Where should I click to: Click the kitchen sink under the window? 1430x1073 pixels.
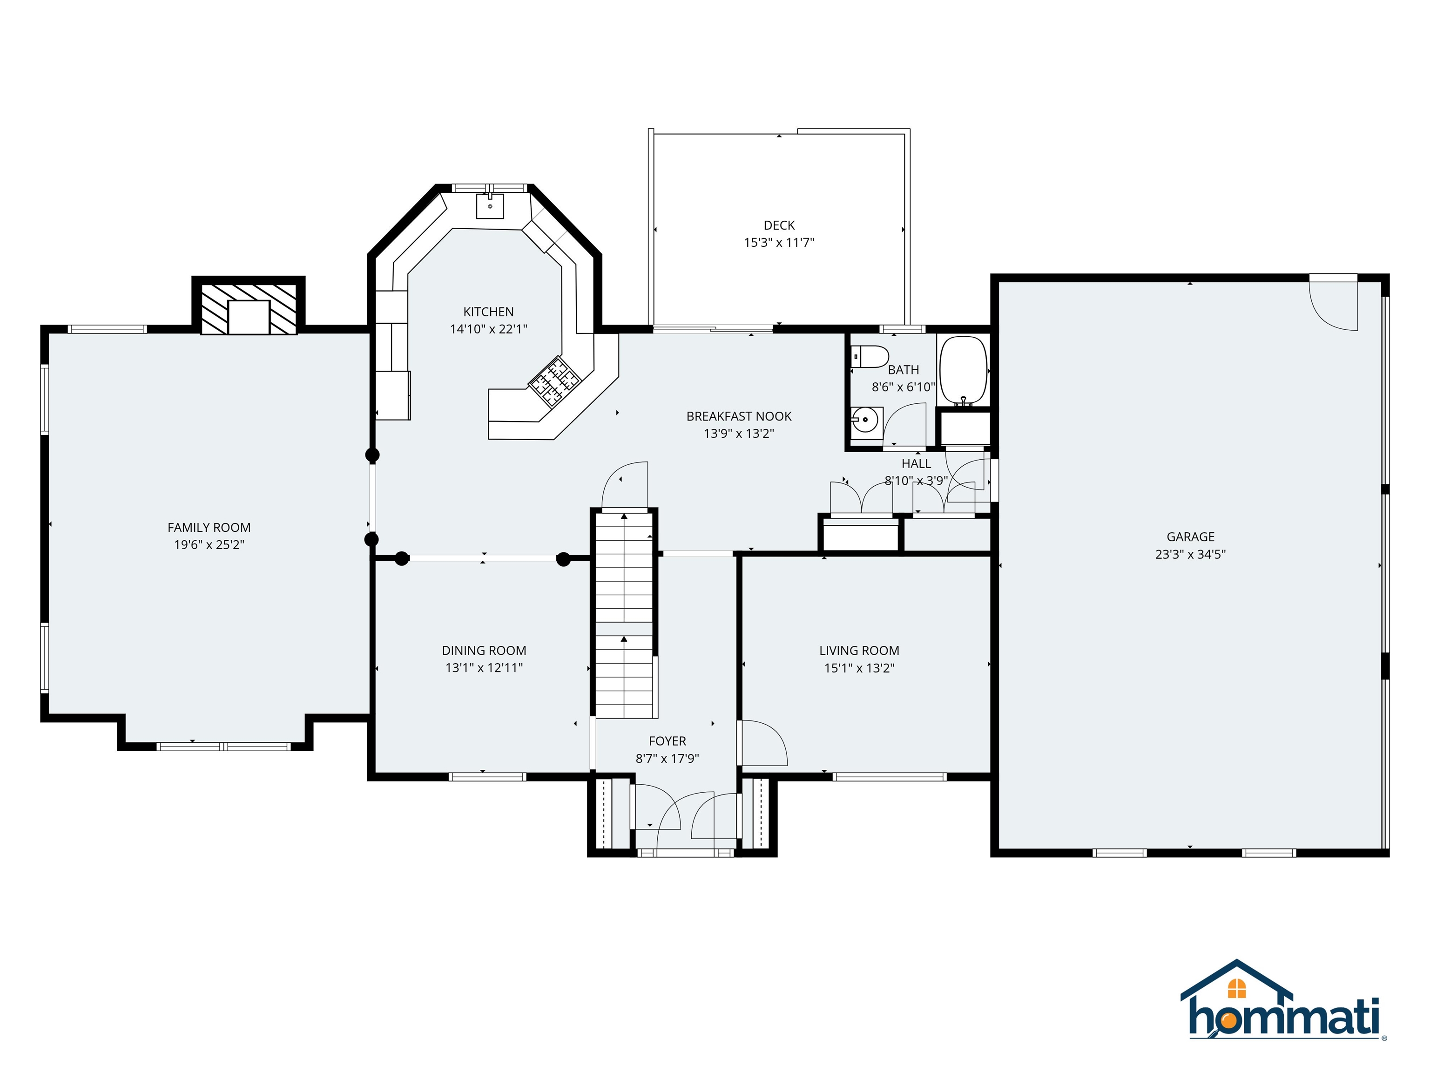pos(490,206)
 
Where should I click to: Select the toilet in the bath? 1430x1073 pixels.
pos(870,356)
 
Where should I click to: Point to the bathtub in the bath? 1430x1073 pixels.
pos(963,369)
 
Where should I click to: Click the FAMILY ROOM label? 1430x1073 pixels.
pos(209,528)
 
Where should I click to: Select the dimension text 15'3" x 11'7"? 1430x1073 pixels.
pos(779,243)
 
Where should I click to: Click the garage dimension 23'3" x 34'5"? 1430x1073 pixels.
pos(1190,554)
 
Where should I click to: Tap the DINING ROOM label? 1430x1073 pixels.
pos(484,651)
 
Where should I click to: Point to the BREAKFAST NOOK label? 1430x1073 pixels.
pos(738,416)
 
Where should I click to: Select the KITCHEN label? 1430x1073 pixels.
pos(488,312)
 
